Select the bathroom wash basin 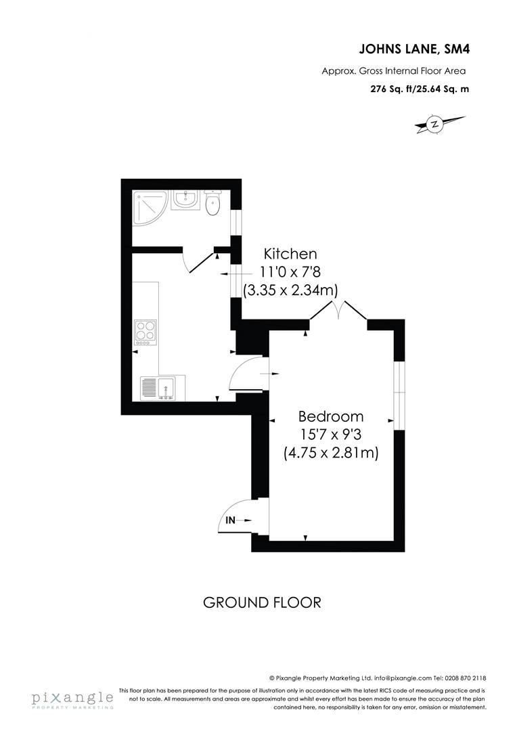(184, 200)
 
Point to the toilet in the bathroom (212, 202)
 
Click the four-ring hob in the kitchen (145, 332)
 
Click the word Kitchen (290, 254)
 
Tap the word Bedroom (331, 417)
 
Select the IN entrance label (231, 520)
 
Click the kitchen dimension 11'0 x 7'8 (290, 272)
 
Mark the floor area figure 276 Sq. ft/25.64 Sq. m (418, 89)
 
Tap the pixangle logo (72, 699)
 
